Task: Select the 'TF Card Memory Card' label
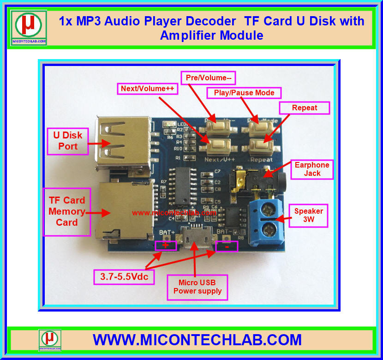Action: click(x=67, y=211)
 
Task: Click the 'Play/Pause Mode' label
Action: click(x=244, y=92)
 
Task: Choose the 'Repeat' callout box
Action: click(x=305, y=108)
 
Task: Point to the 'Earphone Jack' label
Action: click(x=312, y=169)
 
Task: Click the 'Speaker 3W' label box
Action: click(x=309, y=215)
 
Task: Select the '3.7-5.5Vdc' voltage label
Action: click(x=124, y=278)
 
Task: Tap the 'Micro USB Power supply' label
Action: click(x=197, y=287)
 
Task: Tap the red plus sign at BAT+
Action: click(x=166, y=245)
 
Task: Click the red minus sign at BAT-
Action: click(x=227, y=246)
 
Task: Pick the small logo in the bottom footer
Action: click(x=50, y=340)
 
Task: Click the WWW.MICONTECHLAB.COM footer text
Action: click(x=197, y=340)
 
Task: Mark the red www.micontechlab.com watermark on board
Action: click(x=174, y=213)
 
